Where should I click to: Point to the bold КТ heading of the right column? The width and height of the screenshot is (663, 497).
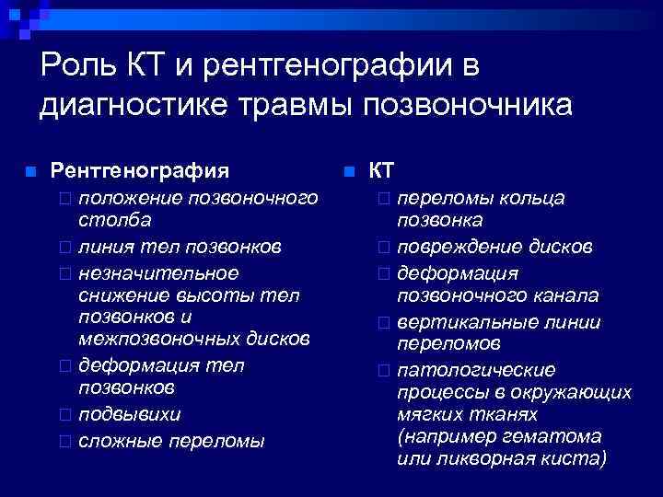click(x=381, y=170)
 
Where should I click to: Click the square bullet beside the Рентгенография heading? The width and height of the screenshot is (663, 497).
click(x=30, y=172)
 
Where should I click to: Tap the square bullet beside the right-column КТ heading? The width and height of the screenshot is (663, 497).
click(x=349, y=172)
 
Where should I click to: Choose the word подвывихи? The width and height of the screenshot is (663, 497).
click(x=130, y=413)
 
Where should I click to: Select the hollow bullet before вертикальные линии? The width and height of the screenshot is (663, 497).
click(x=383, y=323)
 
